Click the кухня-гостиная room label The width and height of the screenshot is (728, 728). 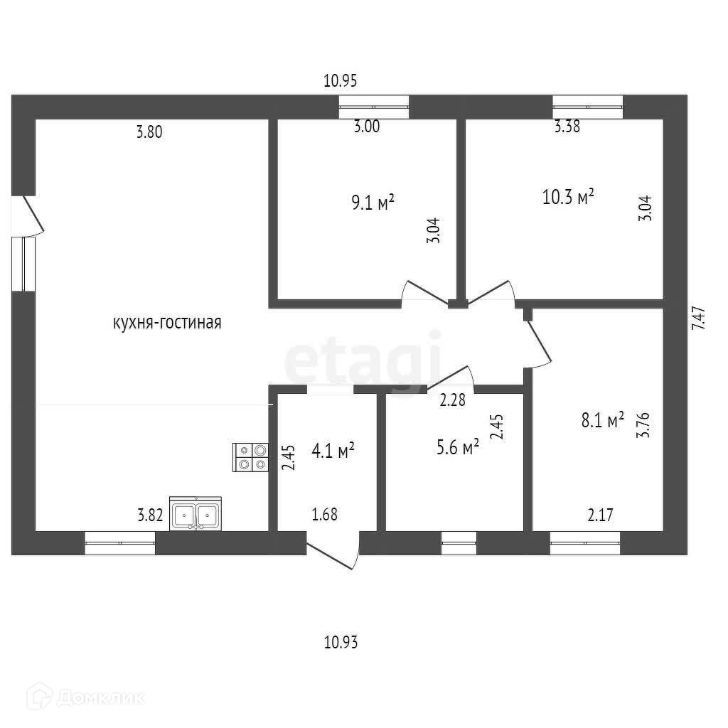click(x=167, y=323)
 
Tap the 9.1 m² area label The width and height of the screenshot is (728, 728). click(x=373, y=204)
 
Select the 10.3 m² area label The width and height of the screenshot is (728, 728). click(x=568, y=196)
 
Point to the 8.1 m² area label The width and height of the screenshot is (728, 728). click(x=602, y=421)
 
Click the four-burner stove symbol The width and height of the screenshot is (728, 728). click(x=251, y=457)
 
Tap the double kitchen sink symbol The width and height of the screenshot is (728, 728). click(x=196, y=513)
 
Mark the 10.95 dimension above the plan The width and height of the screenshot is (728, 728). click(x=340, y=81)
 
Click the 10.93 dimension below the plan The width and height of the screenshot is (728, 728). click(x=340, y=643)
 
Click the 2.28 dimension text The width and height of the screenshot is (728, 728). click(x=452, y=400)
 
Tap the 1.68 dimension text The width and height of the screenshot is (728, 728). click(x=324, y=514)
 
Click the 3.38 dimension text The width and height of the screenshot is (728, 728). click(x=567, y=128)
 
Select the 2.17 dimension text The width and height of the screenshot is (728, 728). click(x=601, y=515)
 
